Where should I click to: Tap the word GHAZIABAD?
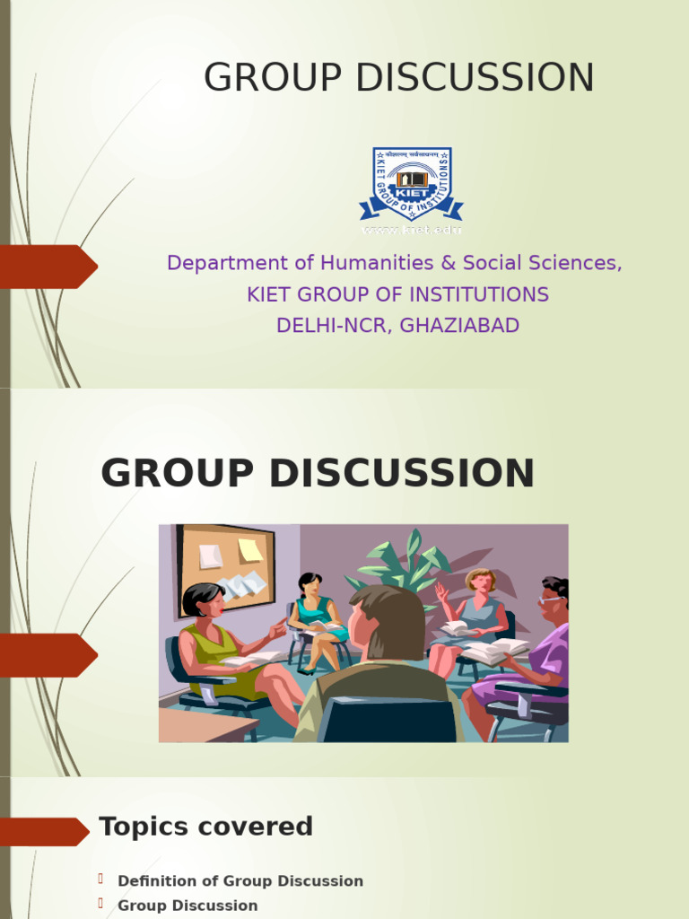click(459, 325)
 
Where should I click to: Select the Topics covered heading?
click(205, 827)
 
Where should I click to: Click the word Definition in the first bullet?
click(154, 881)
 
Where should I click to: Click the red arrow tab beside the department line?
click(48, 267)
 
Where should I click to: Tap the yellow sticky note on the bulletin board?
click(250, 550)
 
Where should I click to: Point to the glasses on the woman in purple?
click(550, 599)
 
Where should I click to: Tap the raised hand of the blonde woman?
click(440, 593)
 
